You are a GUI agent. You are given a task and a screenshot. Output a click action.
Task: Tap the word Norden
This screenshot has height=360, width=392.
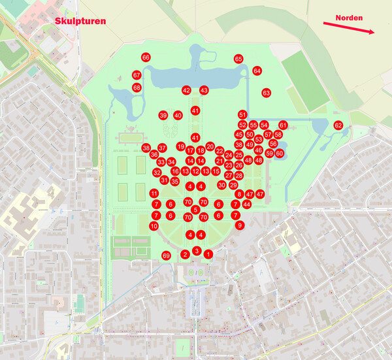pyautogui.click(x=350, y=18)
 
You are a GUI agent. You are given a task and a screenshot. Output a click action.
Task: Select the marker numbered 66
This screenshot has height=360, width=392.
pyautogui.click(x=146, y=57)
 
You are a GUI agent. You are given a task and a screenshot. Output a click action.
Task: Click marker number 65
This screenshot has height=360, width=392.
pyautogui.click(x=238, y=59)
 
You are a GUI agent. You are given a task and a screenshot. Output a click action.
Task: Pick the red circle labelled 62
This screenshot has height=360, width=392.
pyautogui.click(x=338, y=125)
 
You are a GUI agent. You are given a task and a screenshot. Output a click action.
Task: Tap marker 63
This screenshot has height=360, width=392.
pyautogui.click(x=266, y=93)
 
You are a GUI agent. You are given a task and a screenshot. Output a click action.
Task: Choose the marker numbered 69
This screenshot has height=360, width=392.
pyautogui.click(x=166, y=255)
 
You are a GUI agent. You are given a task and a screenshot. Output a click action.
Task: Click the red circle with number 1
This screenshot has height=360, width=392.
pyautogui.click(x=208, y=254)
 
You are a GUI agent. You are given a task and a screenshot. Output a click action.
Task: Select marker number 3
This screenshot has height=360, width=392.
pyautogui.click(x=197, y=250)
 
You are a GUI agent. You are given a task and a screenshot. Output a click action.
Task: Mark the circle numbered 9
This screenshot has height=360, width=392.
pyautogui.click(x=240, y=225)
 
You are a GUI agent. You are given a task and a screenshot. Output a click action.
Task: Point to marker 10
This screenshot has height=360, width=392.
pyautogui.click(x=154, y=225)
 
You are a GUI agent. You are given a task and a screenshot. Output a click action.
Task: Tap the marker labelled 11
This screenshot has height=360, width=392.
pyautogui.click(x=154, y=193)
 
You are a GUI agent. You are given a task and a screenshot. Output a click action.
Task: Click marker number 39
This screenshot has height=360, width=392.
pyautogui.click(x=163, y=115)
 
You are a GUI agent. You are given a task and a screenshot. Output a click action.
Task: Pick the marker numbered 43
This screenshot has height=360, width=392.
pyautogui.click(x=204, y=90)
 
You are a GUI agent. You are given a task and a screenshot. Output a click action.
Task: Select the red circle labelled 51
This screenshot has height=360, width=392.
pyautogui.click(x=242, y=114)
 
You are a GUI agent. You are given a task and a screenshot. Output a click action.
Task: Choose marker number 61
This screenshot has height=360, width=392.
pyautogui.click(x=283, y=125)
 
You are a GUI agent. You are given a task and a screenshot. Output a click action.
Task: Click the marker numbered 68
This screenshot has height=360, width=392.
pyautogui.click(x=137, y=87)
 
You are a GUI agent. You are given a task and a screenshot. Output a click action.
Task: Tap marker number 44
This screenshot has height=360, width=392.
pyautogui.click(x=246, y=205)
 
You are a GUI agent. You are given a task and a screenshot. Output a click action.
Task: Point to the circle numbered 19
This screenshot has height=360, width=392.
pyautogui.click(x=181, y=146)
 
